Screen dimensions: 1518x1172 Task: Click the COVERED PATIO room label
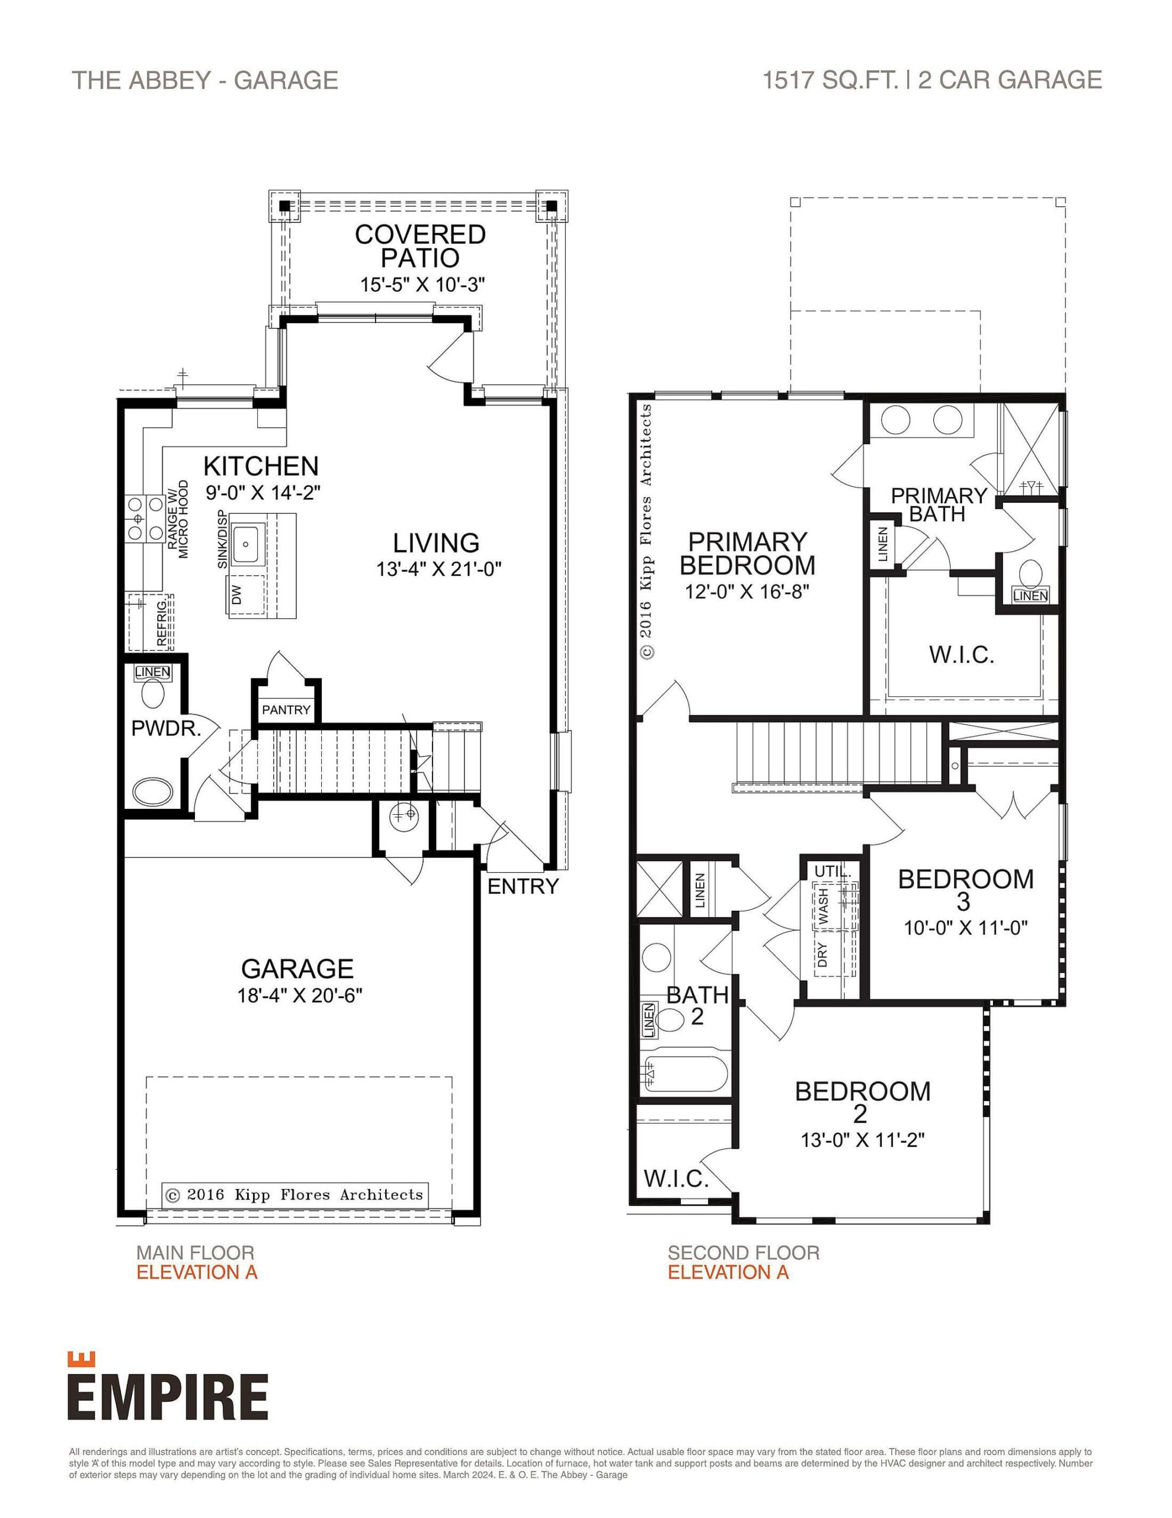click(x=420, y=246)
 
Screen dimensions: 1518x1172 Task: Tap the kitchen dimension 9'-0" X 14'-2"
click(x=262, y=493)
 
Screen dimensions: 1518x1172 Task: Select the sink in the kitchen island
click(x=246, y=544)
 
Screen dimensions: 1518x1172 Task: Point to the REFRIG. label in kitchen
click(x=162, y=623)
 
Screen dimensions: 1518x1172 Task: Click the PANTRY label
click(x=286, y=710)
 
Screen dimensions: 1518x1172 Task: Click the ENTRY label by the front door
click(x=523, y=886)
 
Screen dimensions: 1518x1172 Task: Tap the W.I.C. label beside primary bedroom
click(x=962, y=654)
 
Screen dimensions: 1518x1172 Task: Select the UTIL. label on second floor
click(x=832, y=872)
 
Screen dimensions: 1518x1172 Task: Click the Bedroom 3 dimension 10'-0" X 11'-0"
click(x=965, y=928)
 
